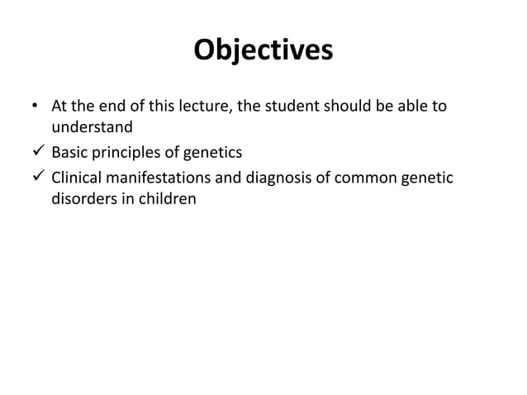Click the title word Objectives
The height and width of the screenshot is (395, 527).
263,51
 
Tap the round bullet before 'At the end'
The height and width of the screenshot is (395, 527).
34,107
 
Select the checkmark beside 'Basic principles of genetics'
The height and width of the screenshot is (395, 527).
36,153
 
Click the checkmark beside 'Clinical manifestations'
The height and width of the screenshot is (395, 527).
36,177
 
